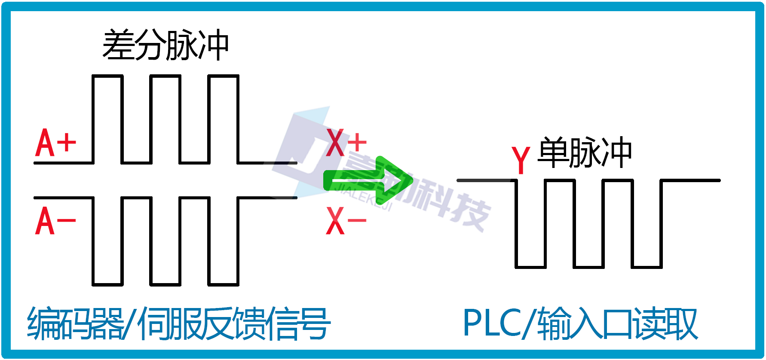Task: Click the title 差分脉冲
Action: tap(165, 45)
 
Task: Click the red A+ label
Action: tap(55, 143)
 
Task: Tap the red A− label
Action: tap(55, 221)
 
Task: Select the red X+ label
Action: tap(346, 143)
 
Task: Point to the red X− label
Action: tap(346, 221)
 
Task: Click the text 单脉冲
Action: tap(585, 153)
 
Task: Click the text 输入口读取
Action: tap(617, 323)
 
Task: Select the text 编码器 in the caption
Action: tap(75, 323)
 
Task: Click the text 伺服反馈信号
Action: tap(234, 323)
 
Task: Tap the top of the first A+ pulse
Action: tap(107, 76)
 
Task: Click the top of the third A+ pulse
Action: tap(224, 76)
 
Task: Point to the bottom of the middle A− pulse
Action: tap(165, 284)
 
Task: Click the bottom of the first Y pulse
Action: tap(531, 267)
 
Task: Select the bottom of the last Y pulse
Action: tap(647, 267)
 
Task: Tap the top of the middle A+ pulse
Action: tap(165, 76)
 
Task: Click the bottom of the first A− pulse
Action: tap(107, 284)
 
